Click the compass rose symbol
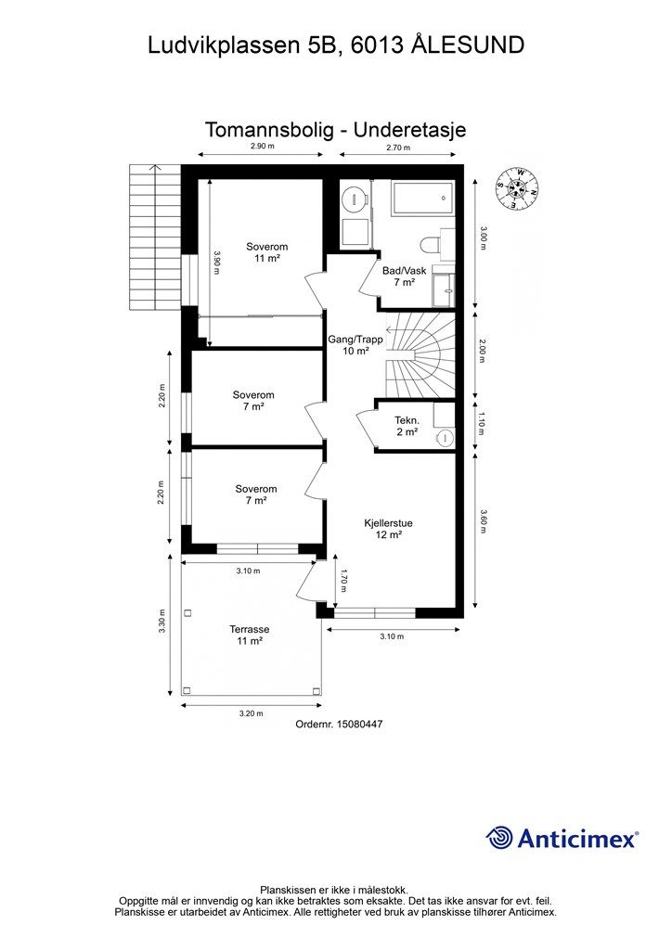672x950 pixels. click(x=517, y=188)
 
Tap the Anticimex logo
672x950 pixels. click(x=562, y=839)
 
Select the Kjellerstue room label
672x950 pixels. click(x=388, y=529)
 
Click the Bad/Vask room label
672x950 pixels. click(x=404, y=276)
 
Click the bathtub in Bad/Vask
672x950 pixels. click(x=422, y=198)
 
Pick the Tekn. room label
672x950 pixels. click(x=407, y=426)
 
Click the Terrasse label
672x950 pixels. click(x=249, y=635)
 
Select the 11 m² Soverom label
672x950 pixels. click(x=266, y=252)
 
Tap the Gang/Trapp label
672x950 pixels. click(x=355, y=345)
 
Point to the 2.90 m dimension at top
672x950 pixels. click(x=263, y=147)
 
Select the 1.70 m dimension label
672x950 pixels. click(x=343, y=580)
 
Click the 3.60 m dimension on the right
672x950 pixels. click(x=483, y=521)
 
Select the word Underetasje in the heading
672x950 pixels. click(x=409, y=130)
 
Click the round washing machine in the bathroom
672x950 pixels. click(x=354, y=198)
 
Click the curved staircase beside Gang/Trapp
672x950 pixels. click(x=420, y=355)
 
